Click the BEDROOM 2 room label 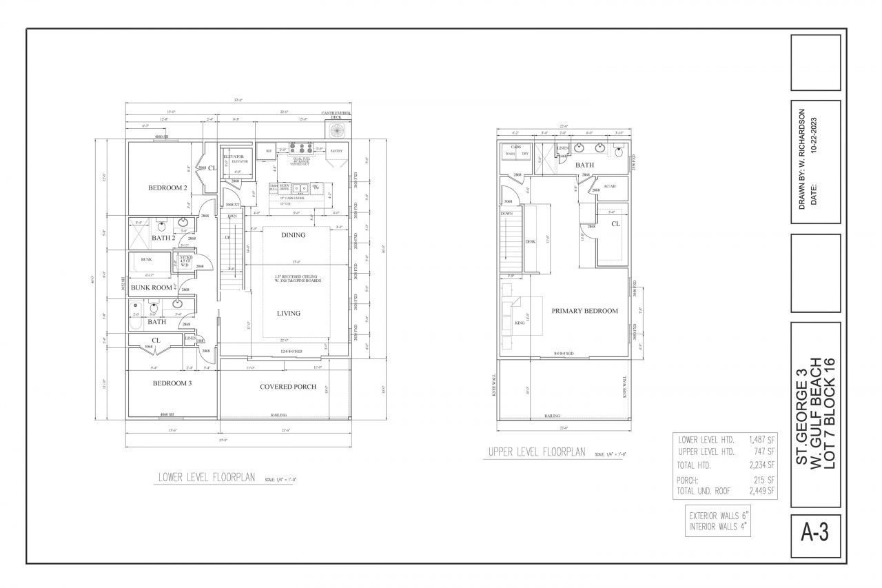167,187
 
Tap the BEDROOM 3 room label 172,383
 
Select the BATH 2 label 164,238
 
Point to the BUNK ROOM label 152,287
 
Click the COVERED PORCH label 288,387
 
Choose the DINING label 294,235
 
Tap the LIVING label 289,313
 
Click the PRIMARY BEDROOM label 584,311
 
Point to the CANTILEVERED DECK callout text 336,114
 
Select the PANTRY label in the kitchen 336,150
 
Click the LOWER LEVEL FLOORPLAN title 207,477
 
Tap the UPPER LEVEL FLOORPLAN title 536,453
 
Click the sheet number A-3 816,534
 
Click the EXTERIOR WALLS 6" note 718,516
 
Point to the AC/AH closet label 609,187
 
